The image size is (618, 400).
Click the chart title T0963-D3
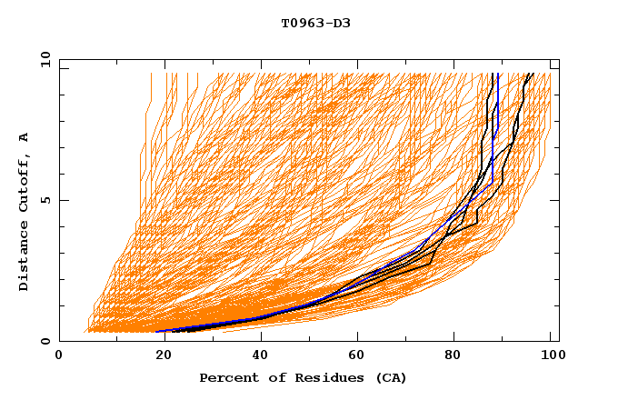click(x=315, y=23)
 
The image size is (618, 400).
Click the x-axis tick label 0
click(x=60, y=356)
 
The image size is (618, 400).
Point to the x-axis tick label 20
click(x=158, y=356)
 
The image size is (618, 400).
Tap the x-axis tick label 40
click(x=256, y=356)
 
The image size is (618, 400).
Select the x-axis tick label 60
click(x=354, y=356)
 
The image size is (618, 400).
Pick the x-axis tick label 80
click(x=453, y=356)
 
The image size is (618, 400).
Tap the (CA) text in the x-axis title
click(x=391, y=377)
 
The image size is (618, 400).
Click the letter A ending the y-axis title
click(x=25, y=136)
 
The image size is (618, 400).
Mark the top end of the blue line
click(x=498, y=74)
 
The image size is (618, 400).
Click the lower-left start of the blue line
click(x=156, y=331)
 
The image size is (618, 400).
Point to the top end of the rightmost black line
click(x=532, y=74)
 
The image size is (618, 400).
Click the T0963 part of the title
click(x=301, y=23)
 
